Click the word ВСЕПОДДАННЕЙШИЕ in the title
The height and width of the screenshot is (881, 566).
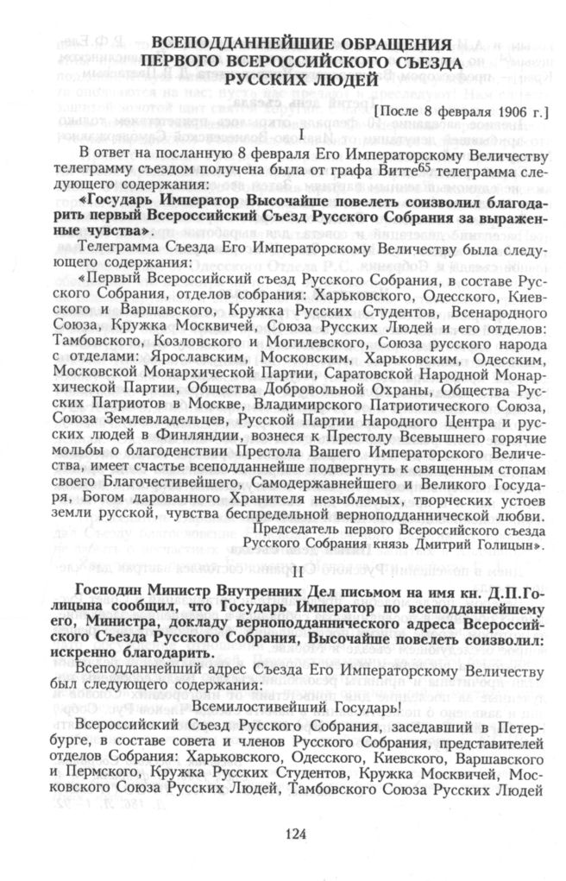(227, 43)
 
